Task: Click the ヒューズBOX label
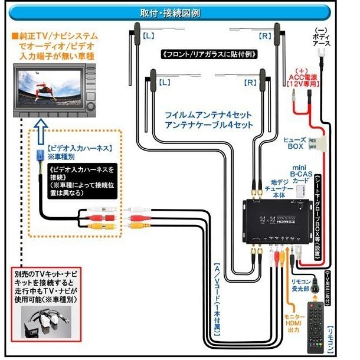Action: tap(294, 142)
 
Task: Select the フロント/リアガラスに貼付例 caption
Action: tap(210, 54)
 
